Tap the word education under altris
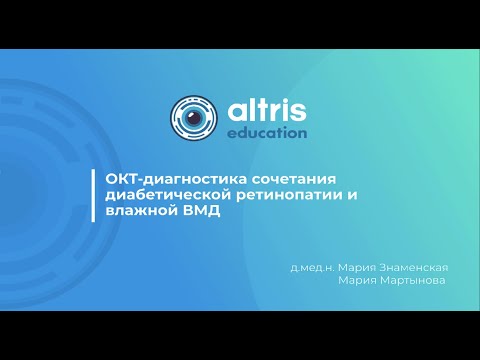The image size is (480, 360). pyautogui.click(x=267, y=132)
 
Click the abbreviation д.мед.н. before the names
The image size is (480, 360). pyautogui.click(x=312, y=268)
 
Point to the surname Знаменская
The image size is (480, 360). pyautogui.click(x=411, y=268)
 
